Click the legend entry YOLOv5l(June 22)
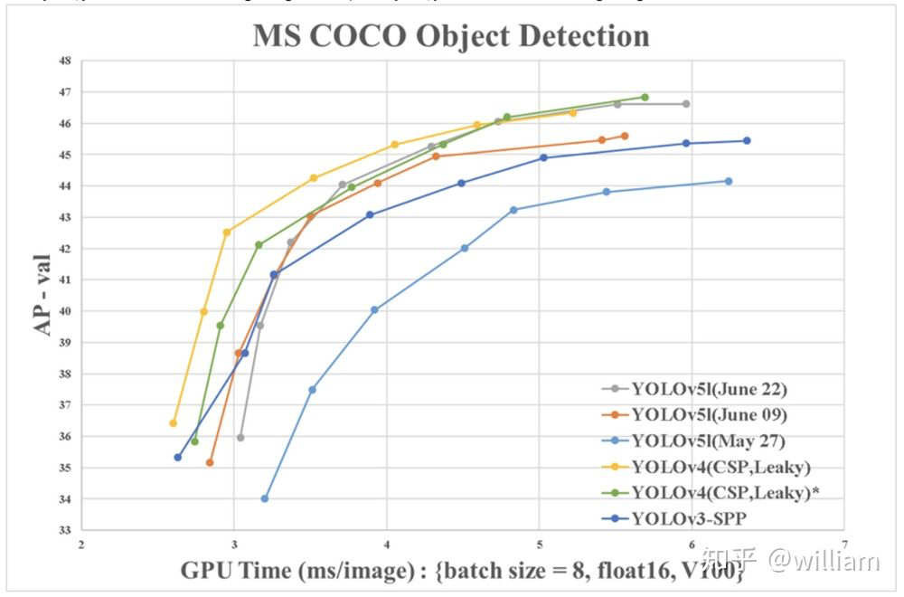709,390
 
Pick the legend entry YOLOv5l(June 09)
709,415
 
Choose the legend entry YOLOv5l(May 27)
708,441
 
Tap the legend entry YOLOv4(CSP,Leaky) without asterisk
720,467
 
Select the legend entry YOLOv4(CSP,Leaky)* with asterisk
724,492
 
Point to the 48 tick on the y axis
64,62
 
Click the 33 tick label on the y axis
64,530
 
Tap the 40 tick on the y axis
64,311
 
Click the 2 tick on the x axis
82,545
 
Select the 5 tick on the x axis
540,545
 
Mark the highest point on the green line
645,97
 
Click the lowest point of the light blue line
265,498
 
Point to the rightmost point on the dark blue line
747,140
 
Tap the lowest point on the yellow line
173,423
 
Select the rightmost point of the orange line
625,136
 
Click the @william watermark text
823,562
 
